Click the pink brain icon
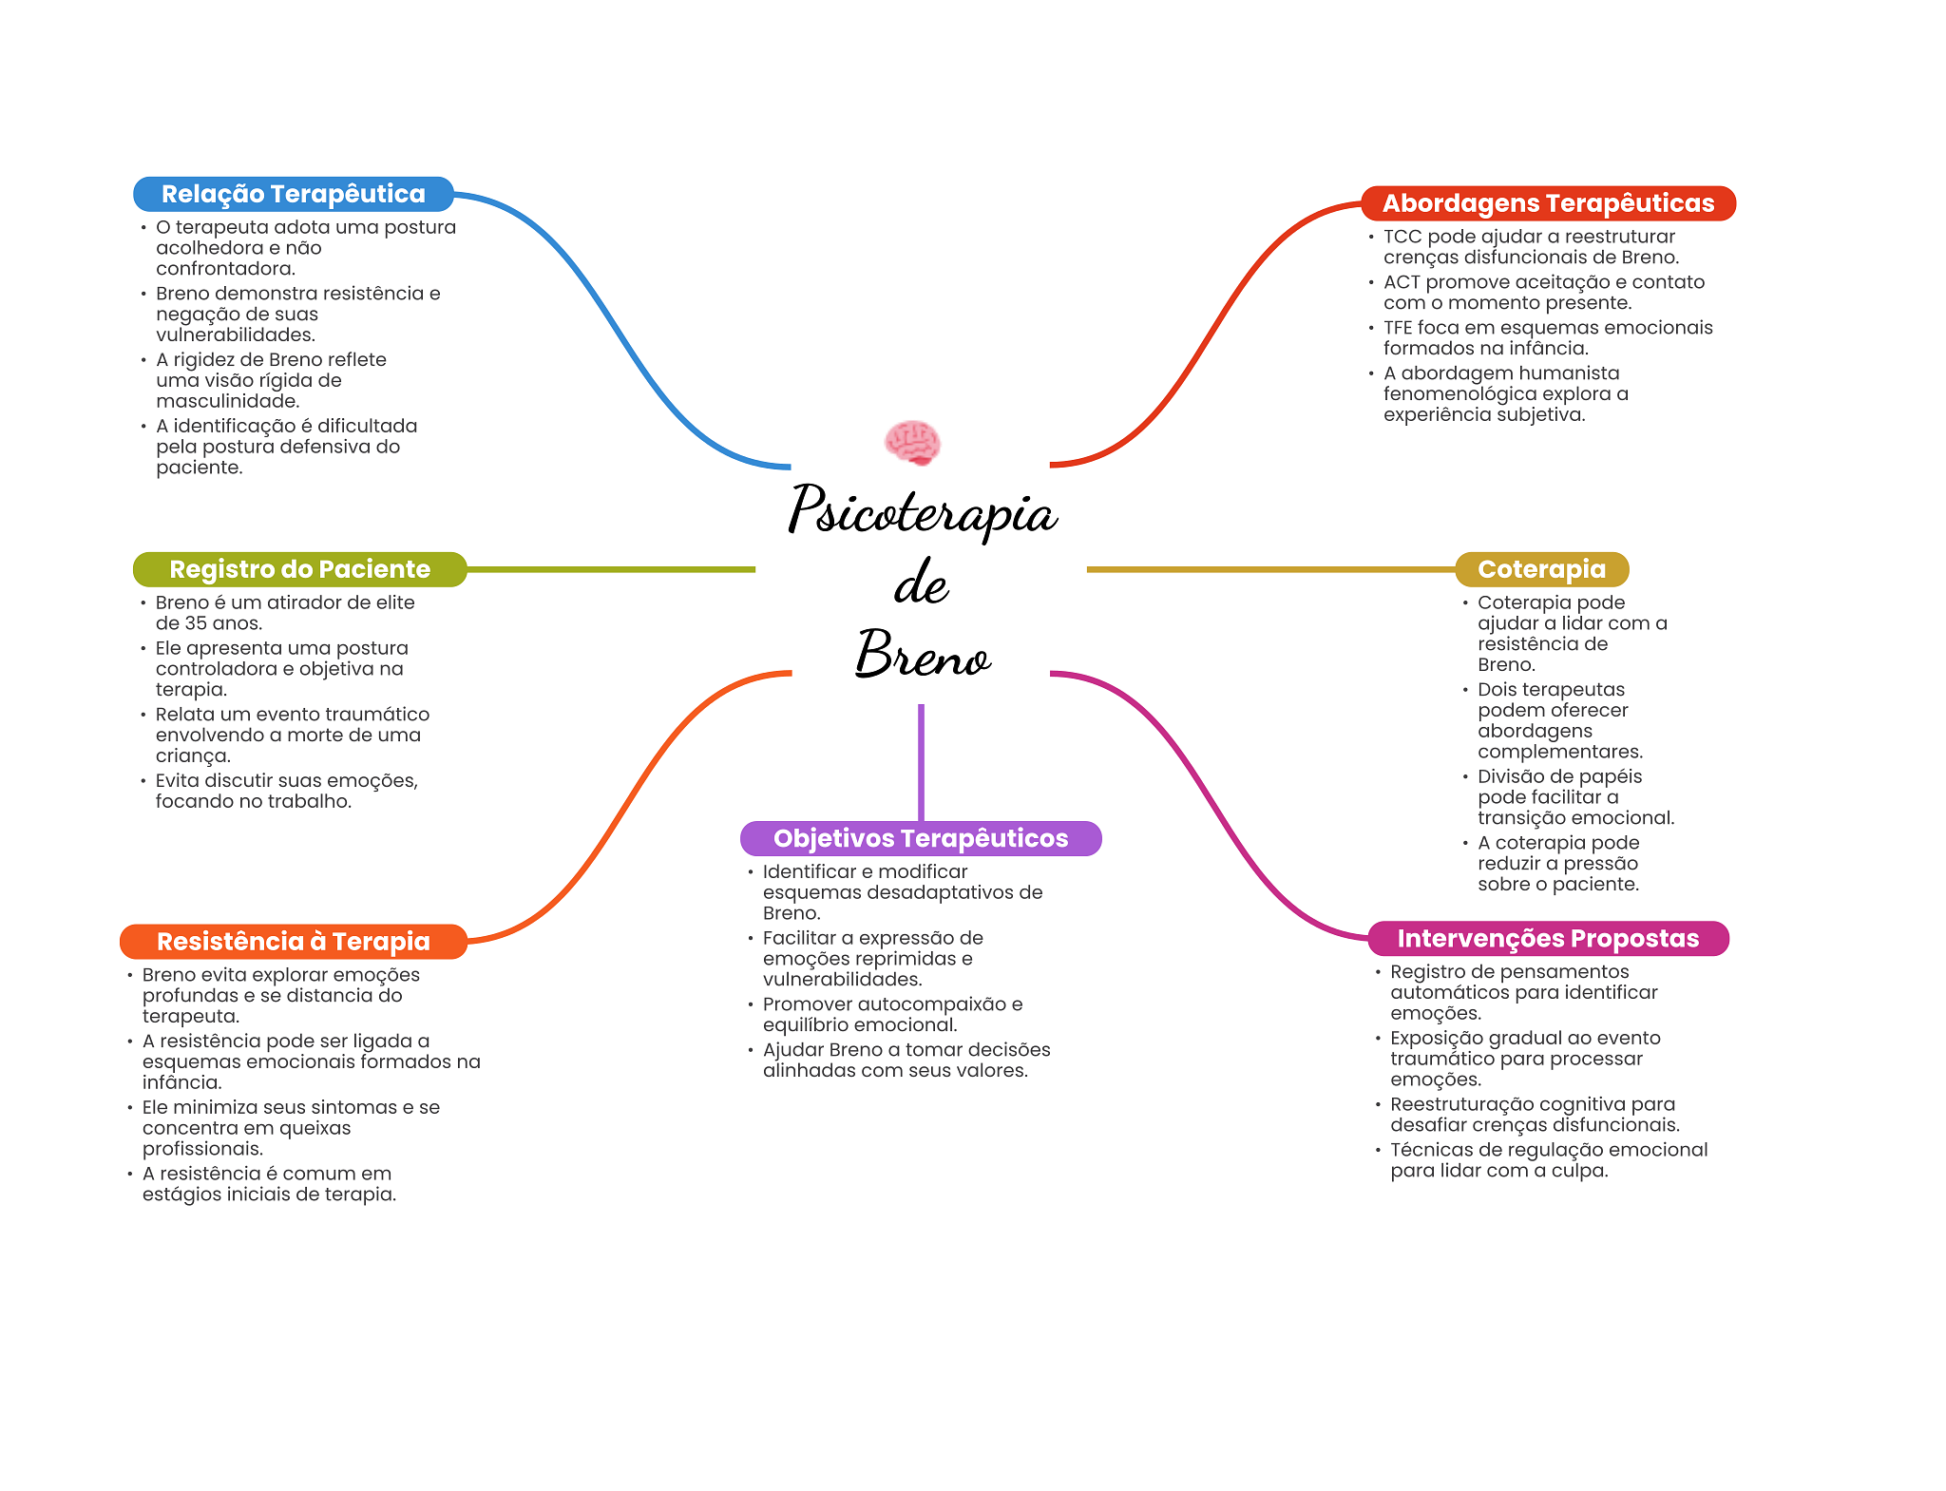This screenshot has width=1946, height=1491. pyautogui.click(x=912, y=443)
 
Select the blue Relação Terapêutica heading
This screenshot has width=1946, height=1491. pyautogui.click(x=293, y=194)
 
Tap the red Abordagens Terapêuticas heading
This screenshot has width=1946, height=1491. pyautogui.click(x=1548, y=203)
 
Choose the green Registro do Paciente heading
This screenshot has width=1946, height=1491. pyautogui.click(x=299, y=569)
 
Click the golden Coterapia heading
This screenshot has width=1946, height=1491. pyautogui.click(x=1541, y=569)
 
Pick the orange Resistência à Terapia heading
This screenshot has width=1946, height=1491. pyautogui.click(x=293, y=942)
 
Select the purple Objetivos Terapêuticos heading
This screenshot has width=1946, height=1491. pyautogui.click(x=920, y=838)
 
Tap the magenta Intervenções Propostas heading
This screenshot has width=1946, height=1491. pyautogui.click(x=1547, y=939)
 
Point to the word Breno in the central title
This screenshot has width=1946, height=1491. pyautogui.click(x=922, y=655)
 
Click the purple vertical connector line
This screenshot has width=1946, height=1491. pyautogui.click(x=921, y=760)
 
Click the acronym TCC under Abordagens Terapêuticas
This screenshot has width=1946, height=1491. pyautogui.click(x=1402, y=237)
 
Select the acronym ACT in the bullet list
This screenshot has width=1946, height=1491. pyautogui.click(x=1402, y=282)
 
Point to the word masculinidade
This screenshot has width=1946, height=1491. pyautogui.click(x=227, y=401)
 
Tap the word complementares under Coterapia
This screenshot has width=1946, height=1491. pyautogui.click(x=1559, y=752)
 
